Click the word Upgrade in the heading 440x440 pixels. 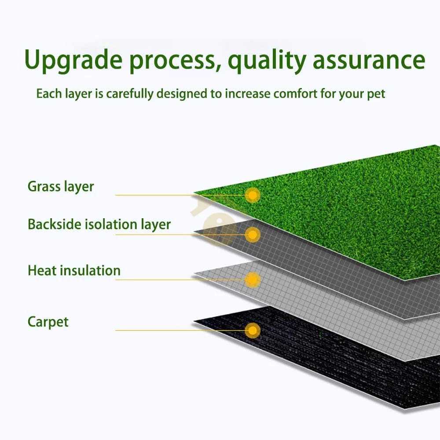coord(73,61)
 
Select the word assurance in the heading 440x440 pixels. coord(369,61)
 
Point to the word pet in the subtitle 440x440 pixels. coord(376,94)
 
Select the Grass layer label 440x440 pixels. coord(61,187)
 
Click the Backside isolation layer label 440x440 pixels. coord(99,224)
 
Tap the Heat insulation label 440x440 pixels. coord(74,270)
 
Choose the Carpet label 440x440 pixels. coord(48,322)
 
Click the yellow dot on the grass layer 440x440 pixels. coord(253,194)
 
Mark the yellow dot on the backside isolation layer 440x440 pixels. coord(253,235)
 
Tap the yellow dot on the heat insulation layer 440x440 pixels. coord(253,279)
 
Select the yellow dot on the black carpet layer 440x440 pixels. coord(253,330)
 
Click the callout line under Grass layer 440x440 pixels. coord(154,195)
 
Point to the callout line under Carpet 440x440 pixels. coord(154,330)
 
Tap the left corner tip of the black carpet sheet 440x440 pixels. coord(194,320)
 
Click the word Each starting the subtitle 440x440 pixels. coord(45,94)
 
